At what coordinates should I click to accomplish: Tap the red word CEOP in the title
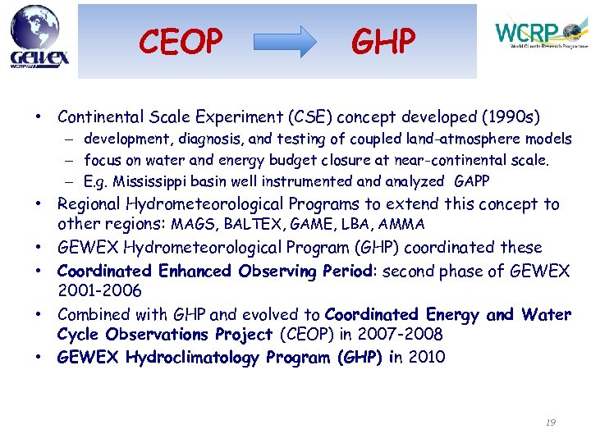click(181, 41)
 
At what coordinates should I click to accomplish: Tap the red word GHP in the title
click(383, 41)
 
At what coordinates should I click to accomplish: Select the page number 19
click(550, 422)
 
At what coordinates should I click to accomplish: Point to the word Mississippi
click(151, 181)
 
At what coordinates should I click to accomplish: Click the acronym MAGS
click(191, 224)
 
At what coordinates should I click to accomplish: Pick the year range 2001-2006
click(99, 291)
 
